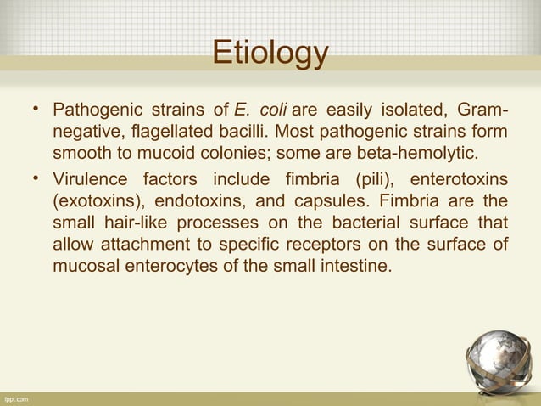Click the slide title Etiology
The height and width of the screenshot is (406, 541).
[x=270, y=53]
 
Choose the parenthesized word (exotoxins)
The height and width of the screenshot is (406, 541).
[x=95, y=201]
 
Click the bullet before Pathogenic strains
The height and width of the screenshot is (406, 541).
[x=37, y=112]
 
